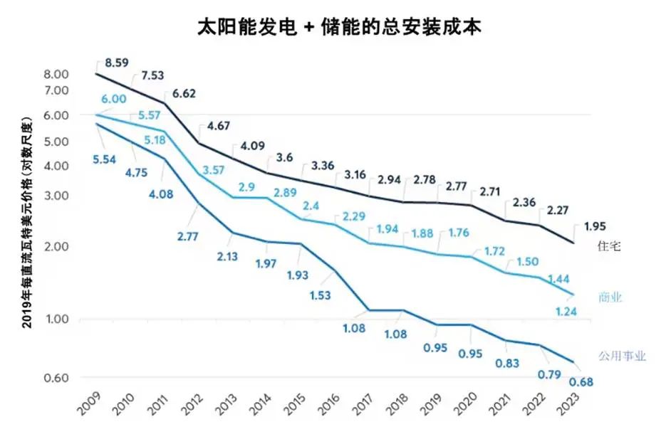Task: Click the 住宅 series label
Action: (x=609, y=246)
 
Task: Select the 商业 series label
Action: (x=610, y=297)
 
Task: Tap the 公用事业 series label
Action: (x=622, y=356)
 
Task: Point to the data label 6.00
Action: (x=115, y=100)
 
